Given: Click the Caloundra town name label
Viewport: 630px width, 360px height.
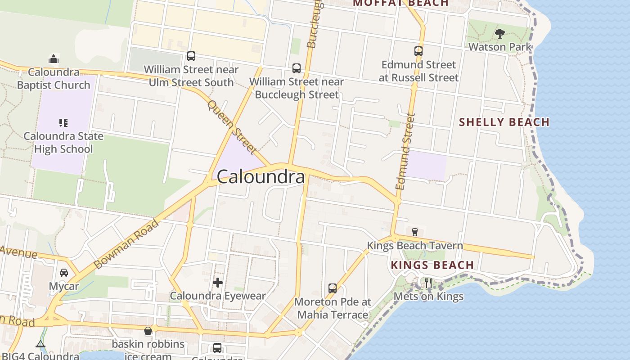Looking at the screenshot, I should pos(261,177).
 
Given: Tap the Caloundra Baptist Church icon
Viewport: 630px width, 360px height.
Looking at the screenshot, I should pos(54,59).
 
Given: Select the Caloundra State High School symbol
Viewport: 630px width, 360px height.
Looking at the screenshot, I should pos(63,122).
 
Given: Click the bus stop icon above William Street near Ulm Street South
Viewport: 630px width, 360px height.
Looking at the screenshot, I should pos(191,56).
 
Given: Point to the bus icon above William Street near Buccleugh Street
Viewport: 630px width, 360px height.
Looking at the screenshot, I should pos(297,68).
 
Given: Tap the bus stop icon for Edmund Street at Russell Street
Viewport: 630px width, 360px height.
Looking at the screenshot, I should pos(418,51).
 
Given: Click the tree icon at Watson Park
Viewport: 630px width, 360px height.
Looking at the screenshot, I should pos(499,33).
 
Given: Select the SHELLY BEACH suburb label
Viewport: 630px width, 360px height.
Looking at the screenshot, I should pos(504,122).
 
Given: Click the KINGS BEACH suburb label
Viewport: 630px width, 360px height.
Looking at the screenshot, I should pos(432,265).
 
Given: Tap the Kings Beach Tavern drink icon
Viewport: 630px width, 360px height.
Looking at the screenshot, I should pos(414,232).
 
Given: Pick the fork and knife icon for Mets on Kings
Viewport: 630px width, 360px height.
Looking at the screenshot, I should pos(428,283).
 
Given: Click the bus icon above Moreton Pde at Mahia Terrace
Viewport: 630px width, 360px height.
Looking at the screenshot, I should pos(333,288).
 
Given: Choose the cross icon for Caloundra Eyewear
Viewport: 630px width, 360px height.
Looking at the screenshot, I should pos(218,283).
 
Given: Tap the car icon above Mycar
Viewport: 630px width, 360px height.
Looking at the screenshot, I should pos(64,273).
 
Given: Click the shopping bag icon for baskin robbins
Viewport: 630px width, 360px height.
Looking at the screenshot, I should pos(148,331).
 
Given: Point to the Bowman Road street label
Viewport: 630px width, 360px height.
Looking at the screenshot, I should pos(127,244).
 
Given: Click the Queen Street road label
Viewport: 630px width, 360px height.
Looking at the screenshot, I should pos(232,127).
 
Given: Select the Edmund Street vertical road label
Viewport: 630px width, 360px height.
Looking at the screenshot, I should pos(405,151).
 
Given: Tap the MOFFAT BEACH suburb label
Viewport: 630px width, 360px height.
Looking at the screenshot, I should pos(400,3).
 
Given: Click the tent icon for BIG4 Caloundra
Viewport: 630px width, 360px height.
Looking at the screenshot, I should pos(40,345).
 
